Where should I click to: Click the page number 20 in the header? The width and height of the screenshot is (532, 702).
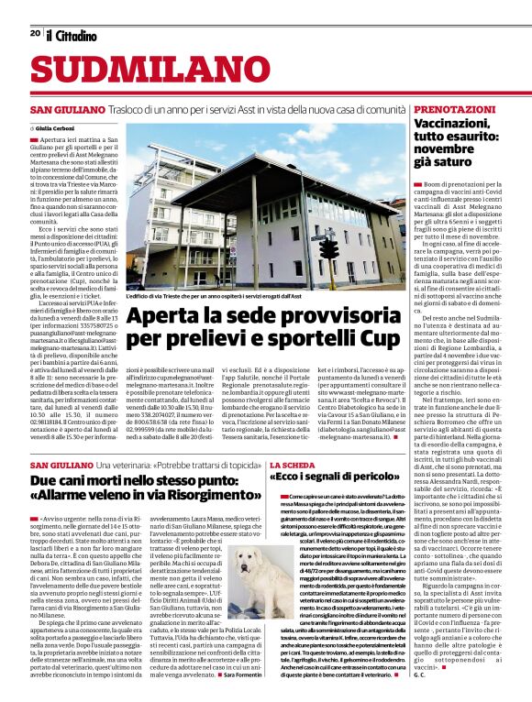tap(34, 33)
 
